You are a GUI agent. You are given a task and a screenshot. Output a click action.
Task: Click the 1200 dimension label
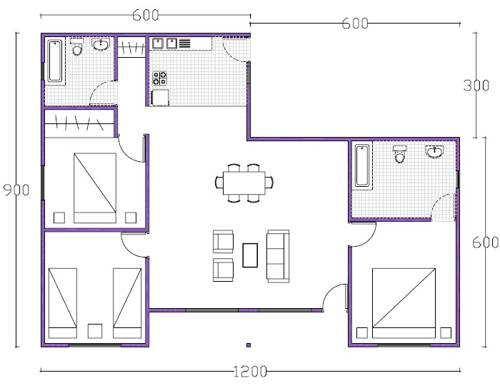point(249,371)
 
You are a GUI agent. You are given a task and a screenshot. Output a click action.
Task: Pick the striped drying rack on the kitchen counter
point(184,44)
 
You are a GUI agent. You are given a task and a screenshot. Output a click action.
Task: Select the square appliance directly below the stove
point(159,97)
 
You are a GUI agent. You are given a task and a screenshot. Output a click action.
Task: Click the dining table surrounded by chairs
point(244,183)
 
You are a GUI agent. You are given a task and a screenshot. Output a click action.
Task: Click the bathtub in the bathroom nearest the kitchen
point(55,61)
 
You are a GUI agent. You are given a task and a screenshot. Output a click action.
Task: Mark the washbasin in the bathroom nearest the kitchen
point(101,45)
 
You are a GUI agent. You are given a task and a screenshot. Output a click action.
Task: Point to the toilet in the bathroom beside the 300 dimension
point(399,153)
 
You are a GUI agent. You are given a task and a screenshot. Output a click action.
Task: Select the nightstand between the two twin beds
point(94,331)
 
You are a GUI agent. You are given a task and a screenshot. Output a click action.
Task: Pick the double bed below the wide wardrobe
point(94,188)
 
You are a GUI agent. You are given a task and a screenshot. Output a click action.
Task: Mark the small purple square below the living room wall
point(248,346)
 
